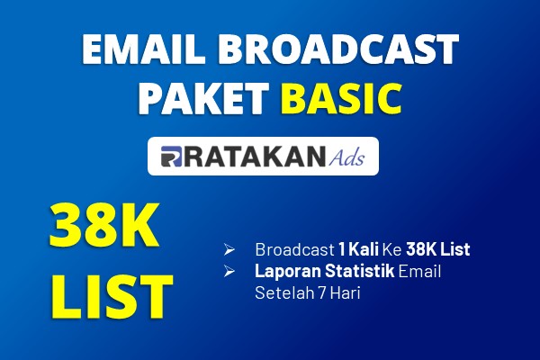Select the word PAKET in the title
[x=202, y=98]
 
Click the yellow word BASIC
[x=344, y=98]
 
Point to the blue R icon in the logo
[x=171, y=157]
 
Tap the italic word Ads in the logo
[x=346, y=157]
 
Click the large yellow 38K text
[x=104, y=225]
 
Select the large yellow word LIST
[x=112, y=296]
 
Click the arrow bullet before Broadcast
[x=229, y=249]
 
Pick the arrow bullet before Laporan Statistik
[x=229, y=271]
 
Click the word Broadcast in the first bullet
[x=294, y=249]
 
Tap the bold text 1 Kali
[x=358, y=249]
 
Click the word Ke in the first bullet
[x=392, y=249]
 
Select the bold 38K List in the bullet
[x=438, y=249]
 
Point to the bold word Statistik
[x=359, y=271]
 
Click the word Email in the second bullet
[x=419, y=271]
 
